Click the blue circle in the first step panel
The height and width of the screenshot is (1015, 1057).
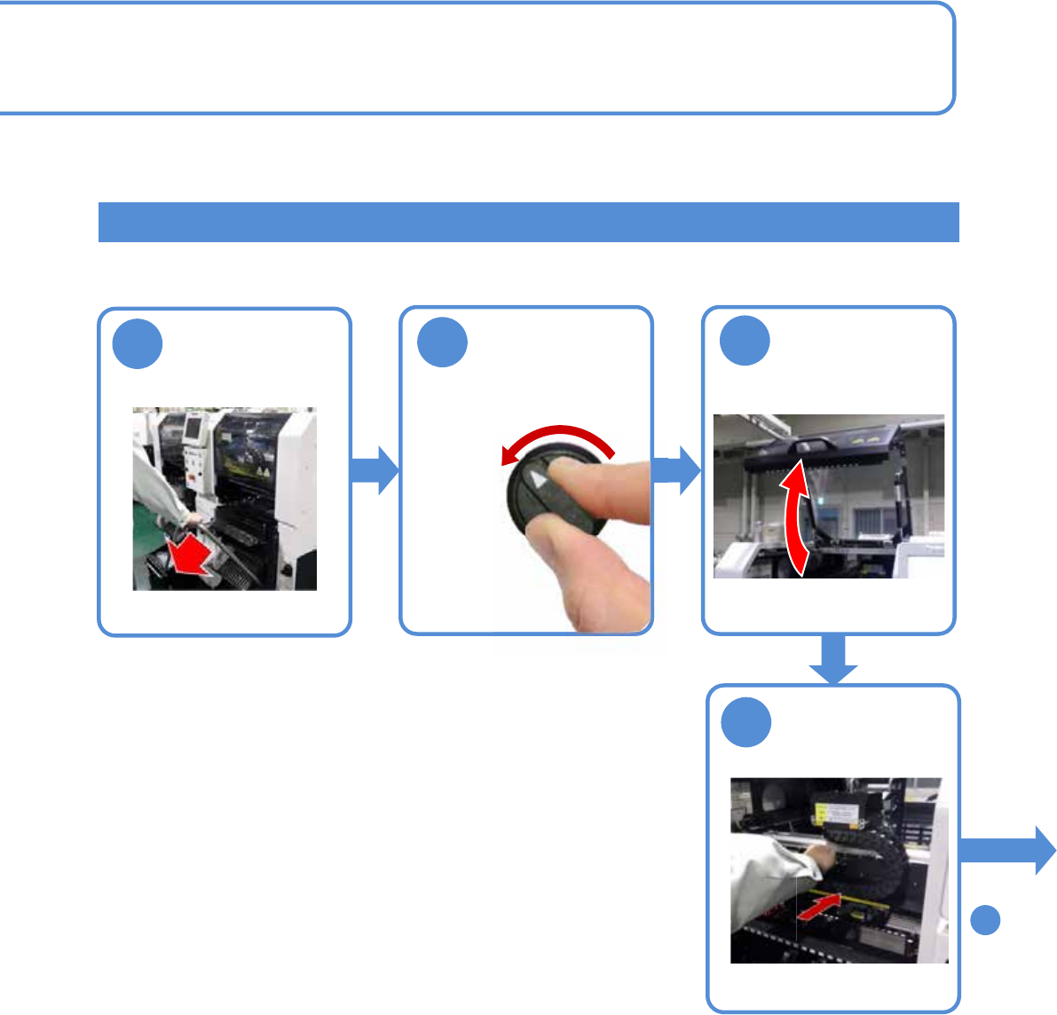coord(138,344)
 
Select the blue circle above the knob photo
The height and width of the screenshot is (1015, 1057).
coord(442,342)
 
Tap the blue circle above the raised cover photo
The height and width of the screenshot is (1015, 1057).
coord(745,341)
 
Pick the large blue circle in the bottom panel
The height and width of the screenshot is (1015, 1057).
coord(745,722)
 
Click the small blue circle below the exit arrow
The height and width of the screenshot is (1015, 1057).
coord(985,920)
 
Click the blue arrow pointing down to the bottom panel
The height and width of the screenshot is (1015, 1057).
coord(833,660)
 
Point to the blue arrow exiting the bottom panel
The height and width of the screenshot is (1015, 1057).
coord(1007,850)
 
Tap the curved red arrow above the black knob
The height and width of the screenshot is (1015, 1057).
coord(557,438)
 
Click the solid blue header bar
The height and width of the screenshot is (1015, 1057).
coord(528,222)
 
